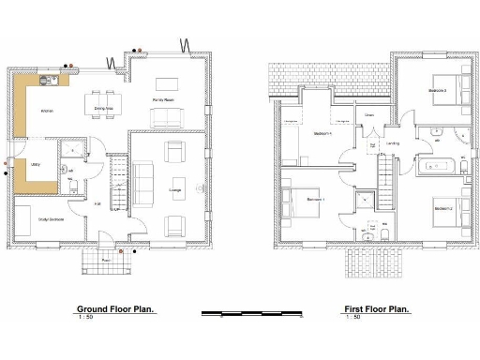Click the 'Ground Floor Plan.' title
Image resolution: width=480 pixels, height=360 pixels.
[114, 308]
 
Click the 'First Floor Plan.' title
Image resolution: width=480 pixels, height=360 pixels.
[375, 308]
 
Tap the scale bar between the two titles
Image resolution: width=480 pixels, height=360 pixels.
[246, 309]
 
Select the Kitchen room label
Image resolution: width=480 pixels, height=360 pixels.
[46, 111]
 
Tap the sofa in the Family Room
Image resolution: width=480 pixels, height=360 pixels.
[168, 118]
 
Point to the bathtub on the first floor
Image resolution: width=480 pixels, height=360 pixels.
[437, 169]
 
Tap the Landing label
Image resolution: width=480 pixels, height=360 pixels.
[392, 143]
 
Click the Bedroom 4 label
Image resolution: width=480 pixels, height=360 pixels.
[325, 133]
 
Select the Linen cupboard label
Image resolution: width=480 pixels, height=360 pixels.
[369, 115]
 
